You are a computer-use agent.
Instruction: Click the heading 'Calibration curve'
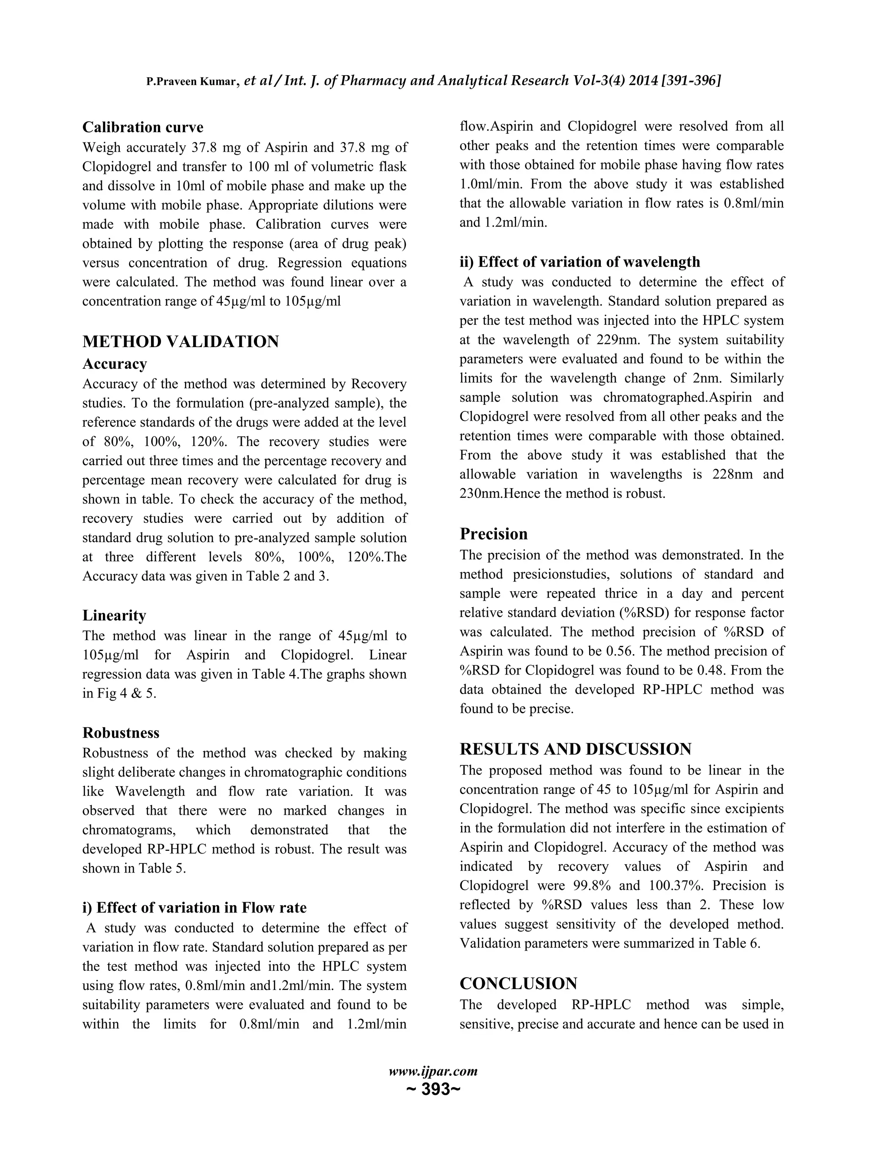[x=143, y=128]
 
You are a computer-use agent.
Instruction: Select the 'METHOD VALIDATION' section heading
[x=181, y=341]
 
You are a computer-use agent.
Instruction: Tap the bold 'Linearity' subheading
[x=114, y=615]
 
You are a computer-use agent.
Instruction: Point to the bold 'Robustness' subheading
[x=121, y=733]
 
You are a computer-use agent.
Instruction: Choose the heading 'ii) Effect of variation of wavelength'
[x=580, y=262]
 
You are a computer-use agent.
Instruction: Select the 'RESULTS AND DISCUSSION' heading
[x=576, y=749]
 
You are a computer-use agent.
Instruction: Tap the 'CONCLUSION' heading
[x=518, y=983]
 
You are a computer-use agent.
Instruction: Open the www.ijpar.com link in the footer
[x=433, y=1072]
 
